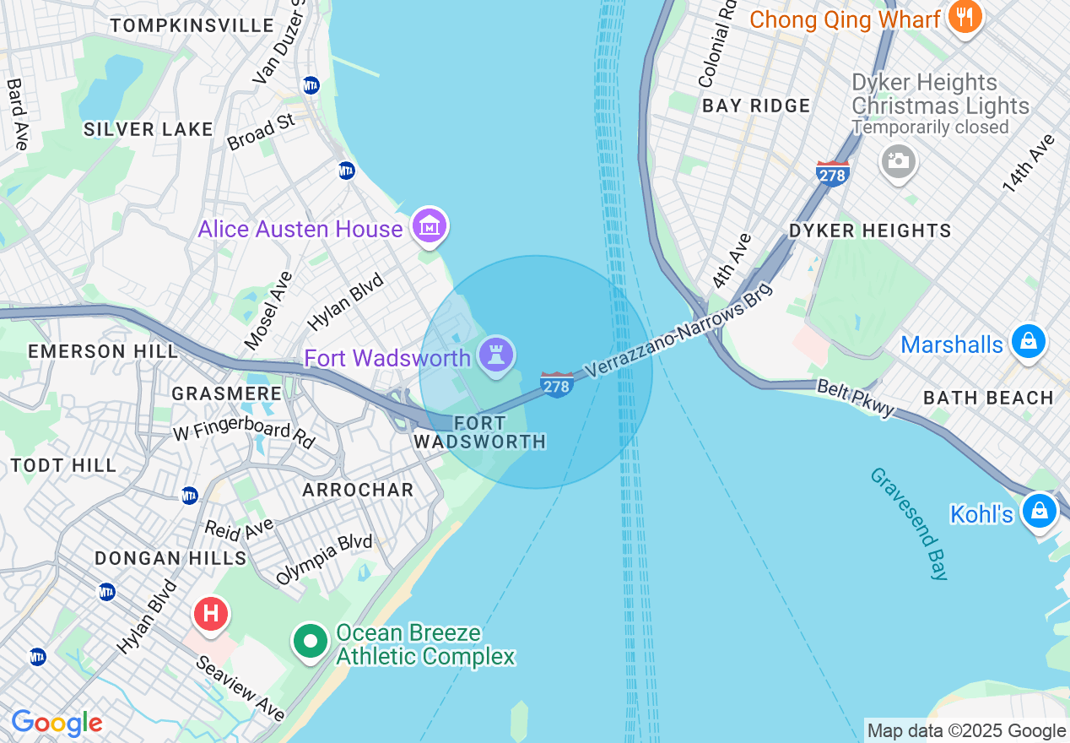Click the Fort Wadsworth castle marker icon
496,355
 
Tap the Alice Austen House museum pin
430,226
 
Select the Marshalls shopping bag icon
1028,342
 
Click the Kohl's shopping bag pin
1040,511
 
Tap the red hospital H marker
211,613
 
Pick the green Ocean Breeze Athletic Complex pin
311,642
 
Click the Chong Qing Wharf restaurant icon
964,16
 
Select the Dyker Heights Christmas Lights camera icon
898,160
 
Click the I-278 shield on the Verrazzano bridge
557,385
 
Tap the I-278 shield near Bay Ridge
832,173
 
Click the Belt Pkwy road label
856,398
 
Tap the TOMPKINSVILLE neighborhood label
192,25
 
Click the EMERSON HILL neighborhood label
103,351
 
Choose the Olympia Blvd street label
324,560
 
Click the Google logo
57,723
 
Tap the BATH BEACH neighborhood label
988,398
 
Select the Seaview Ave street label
240,689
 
